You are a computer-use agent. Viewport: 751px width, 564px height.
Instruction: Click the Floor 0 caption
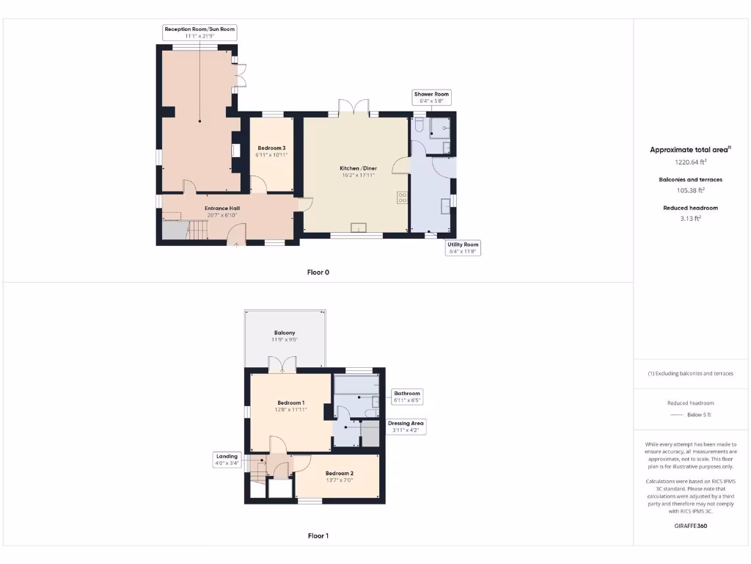tap(318, 272)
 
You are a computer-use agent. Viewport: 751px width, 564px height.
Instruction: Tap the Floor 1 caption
tap(318, 536)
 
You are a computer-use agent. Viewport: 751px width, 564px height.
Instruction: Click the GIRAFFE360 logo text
tap(691, 526)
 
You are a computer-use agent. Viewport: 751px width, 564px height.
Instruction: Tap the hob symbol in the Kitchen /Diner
tap(403, 197)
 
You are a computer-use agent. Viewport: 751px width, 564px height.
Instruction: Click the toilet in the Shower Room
tap(419, 126)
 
